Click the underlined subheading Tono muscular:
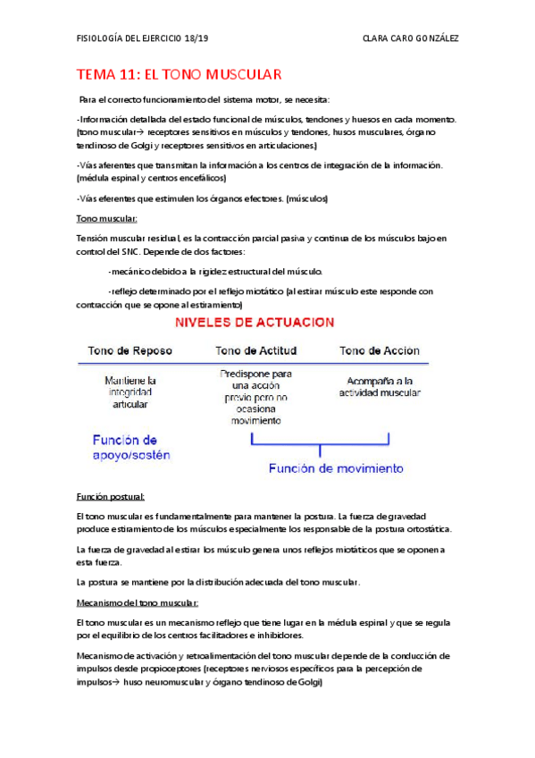tap(106, 218)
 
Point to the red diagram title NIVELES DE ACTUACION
tap(255, 321)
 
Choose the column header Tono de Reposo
tap(130, 350)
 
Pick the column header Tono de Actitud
tap(256, 350)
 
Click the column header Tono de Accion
tap(379, 350)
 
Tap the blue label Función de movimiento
tap(336, 467)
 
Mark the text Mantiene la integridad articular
tap(129, 392)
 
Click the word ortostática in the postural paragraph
tap(426, 528)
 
